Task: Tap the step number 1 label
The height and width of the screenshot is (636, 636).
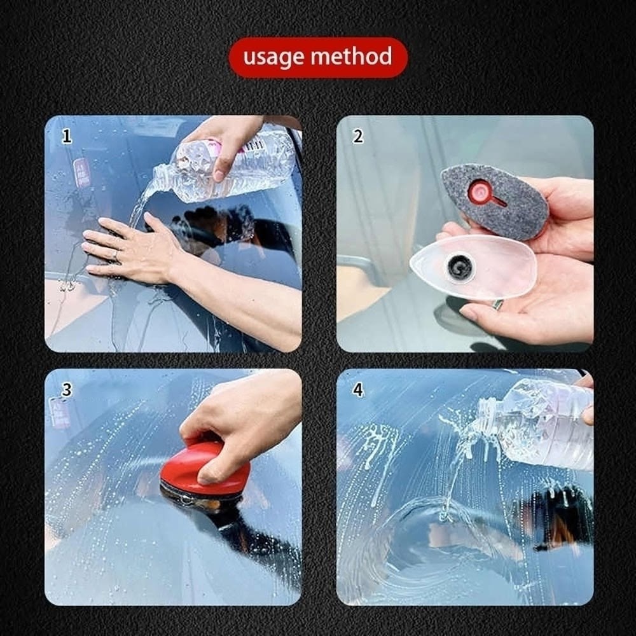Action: click(67, 136)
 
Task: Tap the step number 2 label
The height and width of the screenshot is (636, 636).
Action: click(357, 136)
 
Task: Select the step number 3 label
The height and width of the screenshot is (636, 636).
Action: click(67, 389)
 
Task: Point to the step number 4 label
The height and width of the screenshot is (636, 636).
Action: click(357, 389)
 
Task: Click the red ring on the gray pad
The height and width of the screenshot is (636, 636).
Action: click(479, 191)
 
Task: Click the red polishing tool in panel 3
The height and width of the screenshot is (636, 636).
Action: click(205, 471)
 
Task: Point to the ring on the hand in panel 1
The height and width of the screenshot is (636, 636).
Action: click(116, 255)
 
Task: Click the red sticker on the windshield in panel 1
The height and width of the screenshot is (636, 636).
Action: click(81, 172)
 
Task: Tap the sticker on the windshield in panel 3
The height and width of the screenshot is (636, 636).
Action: click(60, 413)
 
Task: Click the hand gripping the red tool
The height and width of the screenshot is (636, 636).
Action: click(239, 422)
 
